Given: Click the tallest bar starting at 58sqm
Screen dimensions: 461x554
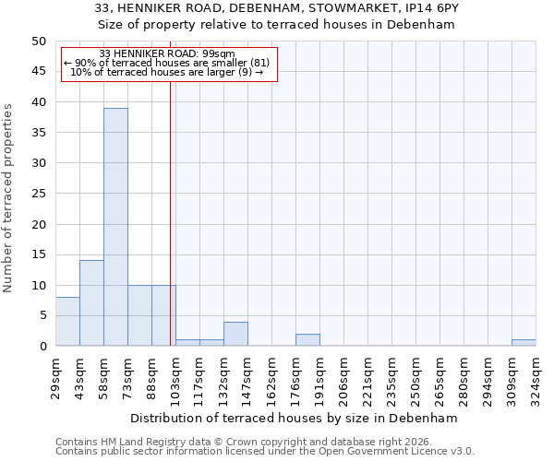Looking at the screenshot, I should pyautogui.click(x=115, y=227).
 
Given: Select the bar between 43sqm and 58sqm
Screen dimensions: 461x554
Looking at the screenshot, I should pyautogui.click(x=91, y=303).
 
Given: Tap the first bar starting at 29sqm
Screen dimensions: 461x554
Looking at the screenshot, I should pyautogui.click(x=67, y=322).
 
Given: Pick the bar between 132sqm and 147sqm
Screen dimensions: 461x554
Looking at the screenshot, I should pyautogui.click(x=235, y=334).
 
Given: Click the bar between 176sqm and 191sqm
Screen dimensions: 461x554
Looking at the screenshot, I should pyautogui.click(x=307, y=340).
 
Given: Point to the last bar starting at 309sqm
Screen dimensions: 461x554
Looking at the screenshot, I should pyautogui.click(x=524, y=343).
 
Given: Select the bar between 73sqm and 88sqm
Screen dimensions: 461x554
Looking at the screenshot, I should pyautogui.click(x=139, y=315).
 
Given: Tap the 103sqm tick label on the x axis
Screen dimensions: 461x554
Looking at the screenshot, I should pyautogui.click(x=176, y=376).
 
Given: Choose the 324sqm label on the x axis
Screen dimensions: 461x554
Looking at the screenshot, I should pyautogui.click(x=536, y=376).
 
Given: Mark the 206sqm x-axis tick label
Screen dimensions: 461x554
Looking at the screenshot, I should pyautogui.click(x=344, y=376).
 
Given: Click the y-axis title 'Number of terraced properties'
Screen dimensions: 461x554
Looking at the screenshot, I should pyautogui.click(x=8, y=197).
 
